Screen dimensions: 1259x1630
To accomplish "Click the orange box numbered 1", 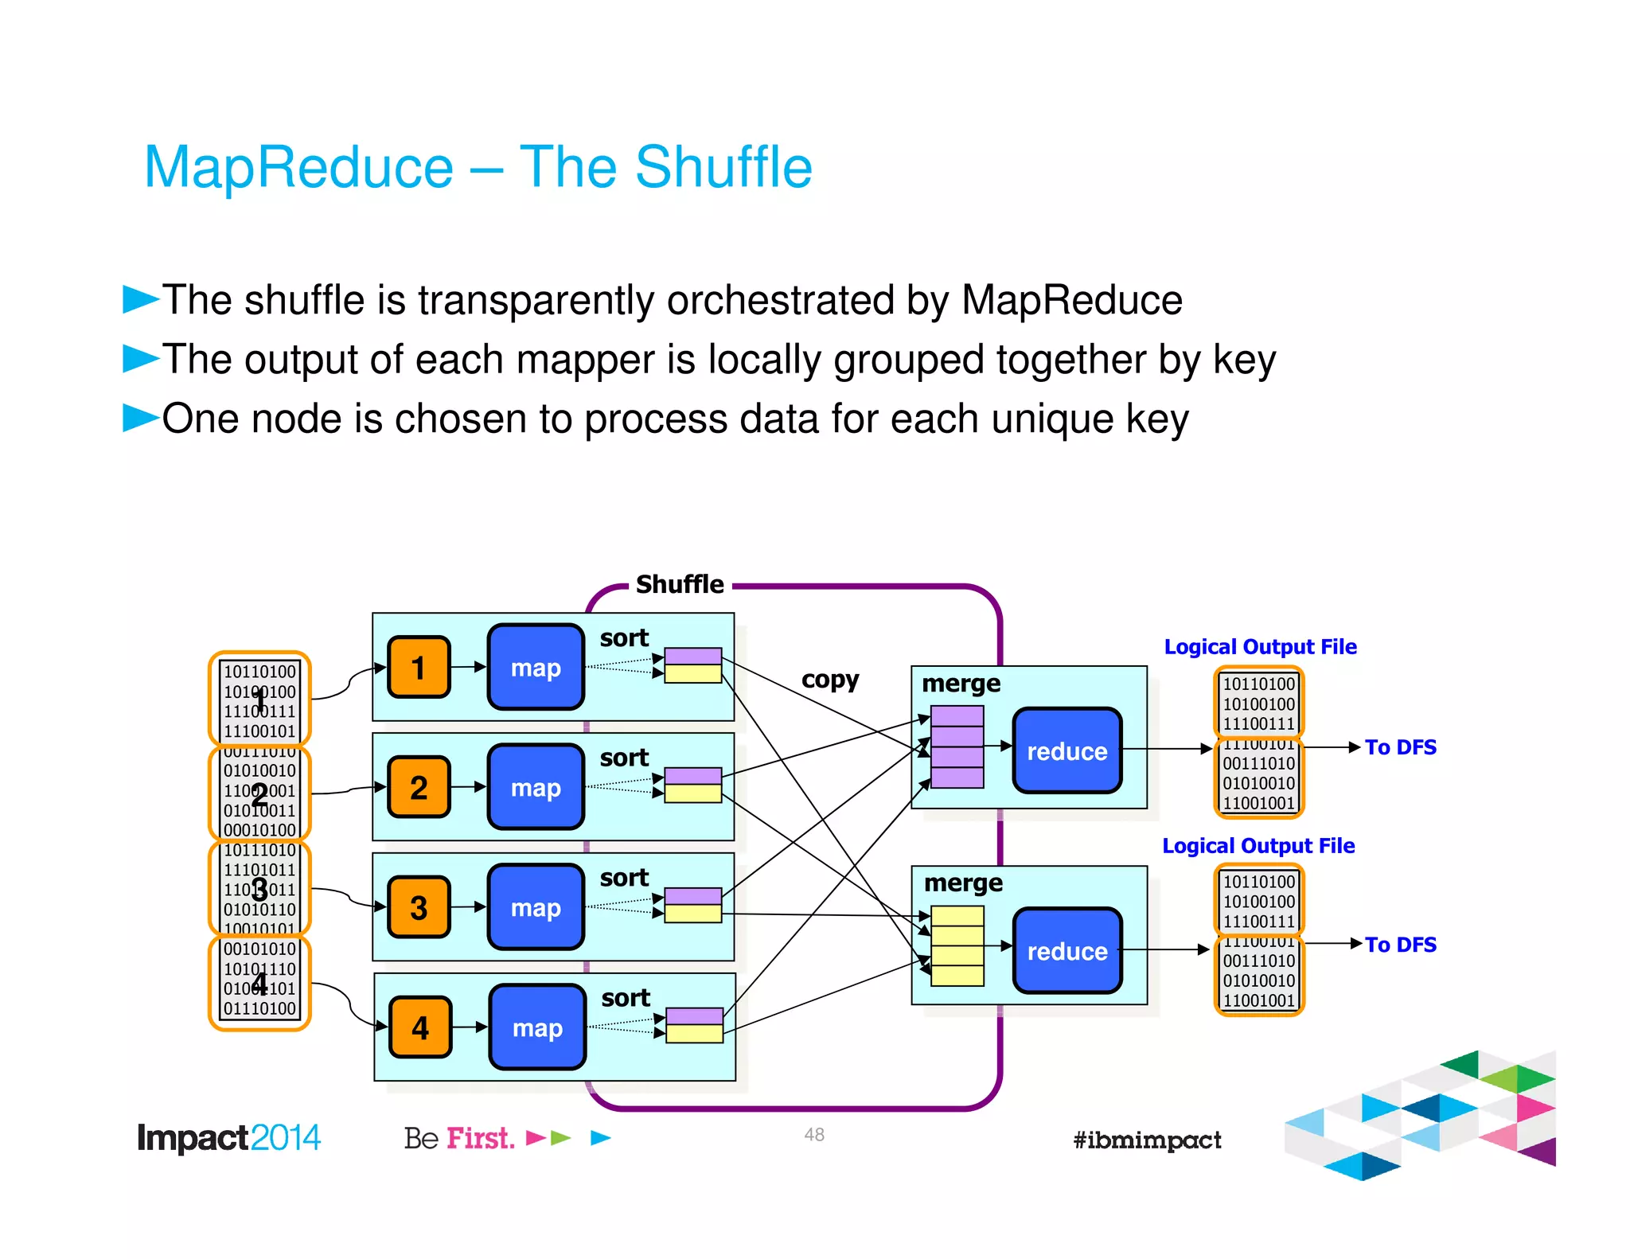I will pyautogui.click(x=419, y=667).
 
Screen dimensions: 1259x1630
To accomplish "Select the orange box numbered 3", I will pyautogui.click(x=419, y=907).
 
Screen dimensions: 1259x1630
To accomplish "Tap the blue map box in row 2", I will pyautogui.click(x=536, y=787).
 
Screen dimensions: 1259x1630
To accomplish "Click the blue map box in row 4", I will pyautogui.click(x=537, y=1027).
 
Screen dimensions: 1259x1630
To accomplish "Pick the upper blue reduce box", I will pyautogui.click(x=1067, y=750).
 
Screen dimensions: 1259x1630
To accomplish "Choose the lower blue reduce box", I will pyautogui.click(x=1067, y=950).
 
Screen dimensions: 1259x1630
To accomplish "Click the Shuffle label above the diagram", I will pyautogui.click(x=680, y=584).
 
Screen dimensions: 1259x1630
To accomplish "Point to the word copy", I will pyautogui.click(x=829, y=680).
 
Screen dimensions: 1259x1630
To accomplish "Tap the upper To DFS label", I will pyautogui.click(x=1400, y=746).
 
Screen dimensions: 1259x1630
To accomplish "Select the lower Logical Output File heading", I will pyautogui.click(x=1258, y=845).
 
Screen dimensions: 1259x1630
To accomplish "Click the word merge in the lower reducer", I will pyautogui.click(x=963, y=883).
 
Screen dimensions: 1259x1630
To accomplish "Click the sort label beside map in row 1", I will pyautogui.click(x=624, y=637).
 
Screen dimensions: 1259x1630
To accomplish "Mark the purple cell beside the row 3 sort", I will pyautogui.click(x=692, y=896).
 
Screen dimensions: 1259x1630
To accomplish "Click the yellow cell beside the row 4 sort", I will pyautogui.click(x=694, y=1033).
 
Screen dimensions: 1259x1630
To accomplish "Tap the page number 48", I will pyautogui.click(x=813, y=1134).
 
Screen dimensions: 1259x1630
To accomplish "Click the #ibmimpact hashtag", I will pyautogui.click(x=1146, y=1140).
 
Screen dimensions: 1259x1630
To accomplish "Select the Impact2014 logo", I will pyautogui.click(x=228, y=1137).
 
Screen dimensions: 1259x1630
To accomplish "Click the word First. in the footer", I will pyautogui.click(x=480, y=1138).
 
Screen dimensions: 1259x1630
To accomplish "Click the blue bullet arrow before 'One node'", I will pyautogui.click(x=140, y=417).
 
